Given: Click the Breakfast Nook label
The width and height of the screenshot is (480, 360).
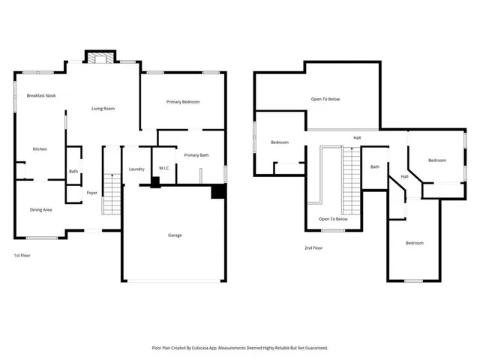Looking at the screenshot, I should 41,96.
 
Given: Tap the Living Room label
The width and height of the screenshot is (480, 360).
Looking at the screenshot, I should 103,109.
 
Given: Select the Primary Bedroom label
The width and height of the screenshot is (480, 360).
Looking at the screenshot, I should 183,102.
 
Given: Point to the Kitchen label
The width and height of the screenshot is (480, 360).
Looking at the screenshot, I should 40,149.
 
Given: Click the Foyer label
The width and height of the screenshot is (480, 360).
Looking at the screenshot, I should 91,193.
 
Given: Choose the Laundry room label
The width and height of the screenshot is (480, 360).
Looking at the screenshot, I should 136,169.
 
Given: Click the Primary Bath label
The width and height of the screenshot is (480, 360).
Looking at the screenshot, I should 196,155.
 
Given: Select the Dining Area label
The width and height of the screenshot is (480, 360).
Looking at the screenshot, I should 40,210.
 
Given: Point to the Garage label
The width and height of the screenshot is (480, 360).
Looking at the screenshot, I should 175,235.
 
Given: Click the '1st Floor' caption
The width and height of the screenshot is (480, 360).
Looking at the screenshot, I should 22,256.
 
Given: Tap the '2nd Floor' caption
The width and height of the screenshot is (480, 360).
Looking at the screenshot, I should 313,248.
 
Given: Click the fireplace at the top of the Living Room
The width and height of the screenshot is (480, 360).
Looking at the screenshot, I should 100,57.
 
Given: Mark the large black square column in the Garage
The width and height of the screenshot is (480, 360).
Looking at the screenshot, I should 217,193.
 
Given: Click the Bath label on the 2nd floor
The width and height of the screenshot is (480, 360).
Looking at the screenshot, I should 374,167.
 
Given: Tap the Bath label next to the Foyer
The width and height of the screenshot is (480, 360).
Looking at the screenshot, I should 73,172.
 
